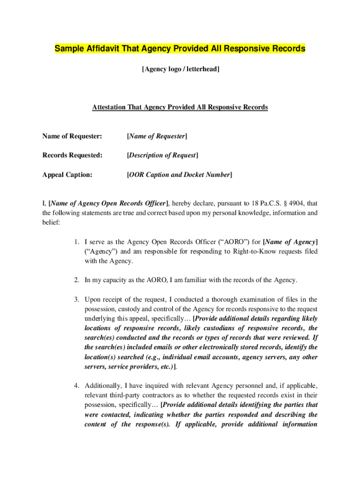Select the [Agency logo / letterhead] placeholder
point(180,69)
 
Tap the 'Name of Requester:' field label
point(72,136)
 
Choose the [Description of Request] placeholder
point(163,155)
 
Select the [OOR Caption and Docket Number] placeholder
point(180,174)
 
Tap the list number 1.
point(77,242)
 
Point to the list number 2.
point(77,280)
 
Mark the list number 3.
point(77,299)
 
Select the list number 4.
point(77,386)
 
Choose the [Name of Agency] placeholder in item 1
point(290,242)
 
